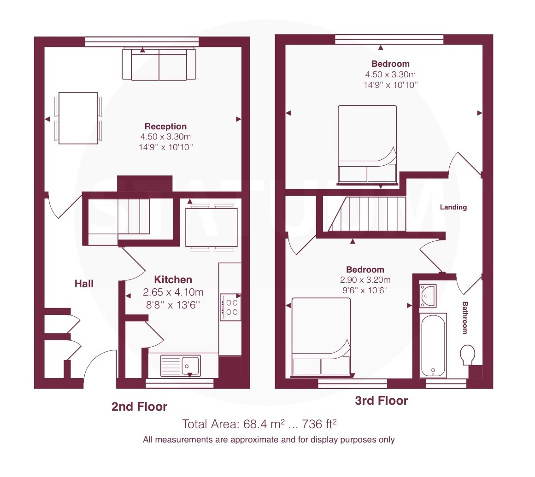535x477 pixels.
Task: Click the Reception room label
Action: (165, 127)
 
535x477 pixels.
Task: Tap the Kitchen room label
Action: (173, 279)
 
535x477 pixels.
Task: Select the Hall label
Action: (84, 284)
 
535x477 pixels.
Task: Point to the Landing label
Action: (453, 207)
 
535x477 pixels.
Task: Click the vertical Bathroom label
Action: (464, 317)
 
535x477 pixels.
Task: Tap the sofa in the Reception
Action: (159, 64)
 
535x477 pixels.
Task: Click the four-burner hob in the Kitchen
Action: (230, 307)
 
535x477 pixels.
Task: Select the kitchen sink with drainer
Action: (181, 366)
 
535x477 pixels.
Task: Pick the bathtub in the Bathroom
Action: (433, 345)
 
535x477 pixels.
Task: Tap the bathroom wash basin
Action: (428, 296)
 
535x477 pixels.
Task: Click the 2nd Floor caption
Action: (139, 407)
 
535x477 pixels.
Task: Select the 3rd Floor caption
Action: (382, 400)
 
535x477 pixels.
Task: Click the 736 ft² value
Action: (319, 424)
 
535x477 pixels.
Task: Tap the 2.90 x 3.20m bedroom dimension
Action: (365, 280)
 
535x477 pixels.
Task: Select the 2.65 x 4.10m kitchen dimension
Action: (173, 292)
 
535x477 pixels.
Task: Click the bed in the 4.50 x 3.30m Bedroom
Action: (367, 145)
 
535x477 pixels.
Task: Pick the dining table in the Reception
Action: (78, 118)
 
